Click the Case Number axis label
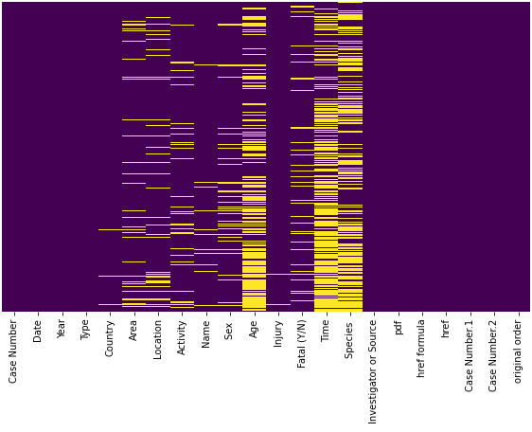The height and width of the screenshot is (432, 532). (x=14, y=351)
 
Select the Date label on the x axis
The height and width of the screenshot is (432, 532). (x=38, y=331)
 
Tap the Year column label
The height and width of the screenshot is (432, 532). (x=62, y=330)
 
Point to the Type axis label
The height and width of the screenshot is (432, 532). (x=86, y=330)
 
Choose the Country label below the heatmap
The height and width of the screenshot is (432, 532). (x=110, y=338)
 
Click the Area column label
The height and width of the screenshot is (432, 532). (x=134, y=330)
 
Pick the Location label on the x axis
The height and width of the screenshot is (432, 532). (x=158, y=339)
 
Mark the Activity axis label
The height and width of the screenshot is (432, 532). (x=182, y=337)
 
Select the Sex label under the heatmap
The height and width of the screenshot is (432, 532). (x=230, y=329)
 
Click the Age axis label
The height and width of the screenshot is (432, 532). (x=255, y=329)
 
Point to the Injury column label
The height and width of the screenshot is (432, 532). (x=278, y=333)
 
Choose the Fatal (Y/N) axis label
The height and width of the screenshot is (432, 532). (x=303, y=343)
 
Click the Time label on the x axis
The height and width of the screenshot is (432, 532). (x=327, y=331)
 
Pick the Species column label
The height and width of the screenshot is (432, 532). (x=350, y=338)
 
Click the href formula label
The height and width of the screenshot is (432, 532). (x=422, y=349)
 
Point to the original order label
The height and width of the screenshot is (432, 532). (x=519, y=351)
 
